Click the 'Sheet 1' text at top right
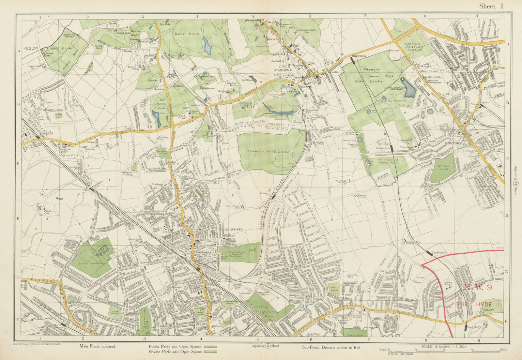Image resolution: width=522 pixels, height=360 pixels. point(492,6)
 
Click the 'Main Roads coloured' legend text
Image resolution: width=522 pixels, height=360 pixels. point(97,346)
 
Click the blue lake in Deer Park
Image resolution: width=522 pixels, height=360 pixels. point(207,45)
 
